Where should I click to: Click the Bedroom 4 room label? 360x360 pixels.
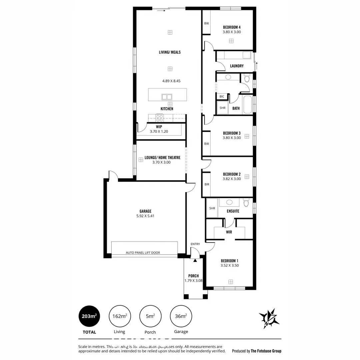pos(232,27)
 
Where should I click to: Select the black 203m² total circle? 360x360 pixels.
pos(89,316)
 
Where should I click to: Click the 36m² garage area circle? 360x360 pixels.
pos(181,316)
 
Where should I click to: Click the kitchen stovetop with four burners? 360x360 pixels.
pos(160,118)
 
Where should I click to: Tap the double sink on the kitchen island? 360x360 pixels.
pos(167,97)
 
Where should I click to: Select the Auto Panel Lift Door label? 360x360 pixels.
pos(143,253)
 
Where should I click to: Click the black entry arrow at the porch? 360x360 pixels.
pos(195,260)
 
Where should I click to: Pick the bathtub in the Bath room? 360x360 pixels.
pos(247,105)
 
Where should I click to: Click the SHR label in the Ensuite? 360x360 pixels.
pos(212,208)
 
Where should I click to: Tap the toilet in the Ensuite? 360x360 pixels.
pos(246,203)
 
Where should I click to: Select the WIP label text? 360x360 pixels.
pos(159,127)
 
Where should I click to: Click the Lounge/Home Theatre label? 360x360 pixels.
pos(162,158)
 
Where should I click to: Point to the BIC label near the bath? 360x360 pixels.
pos(222,97)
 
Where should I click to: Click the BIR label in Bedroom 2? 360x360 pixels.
pos(207,184)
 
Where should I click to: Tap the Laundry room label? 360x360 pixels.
pos(237,66)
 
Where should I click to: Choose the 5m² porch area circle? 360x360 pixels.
pos(150,316)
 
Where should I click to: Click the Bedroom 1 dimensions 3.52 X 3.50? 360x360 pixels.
pos(229,266)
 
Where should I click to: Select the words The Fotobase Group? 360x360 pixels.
pos(266,351)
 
